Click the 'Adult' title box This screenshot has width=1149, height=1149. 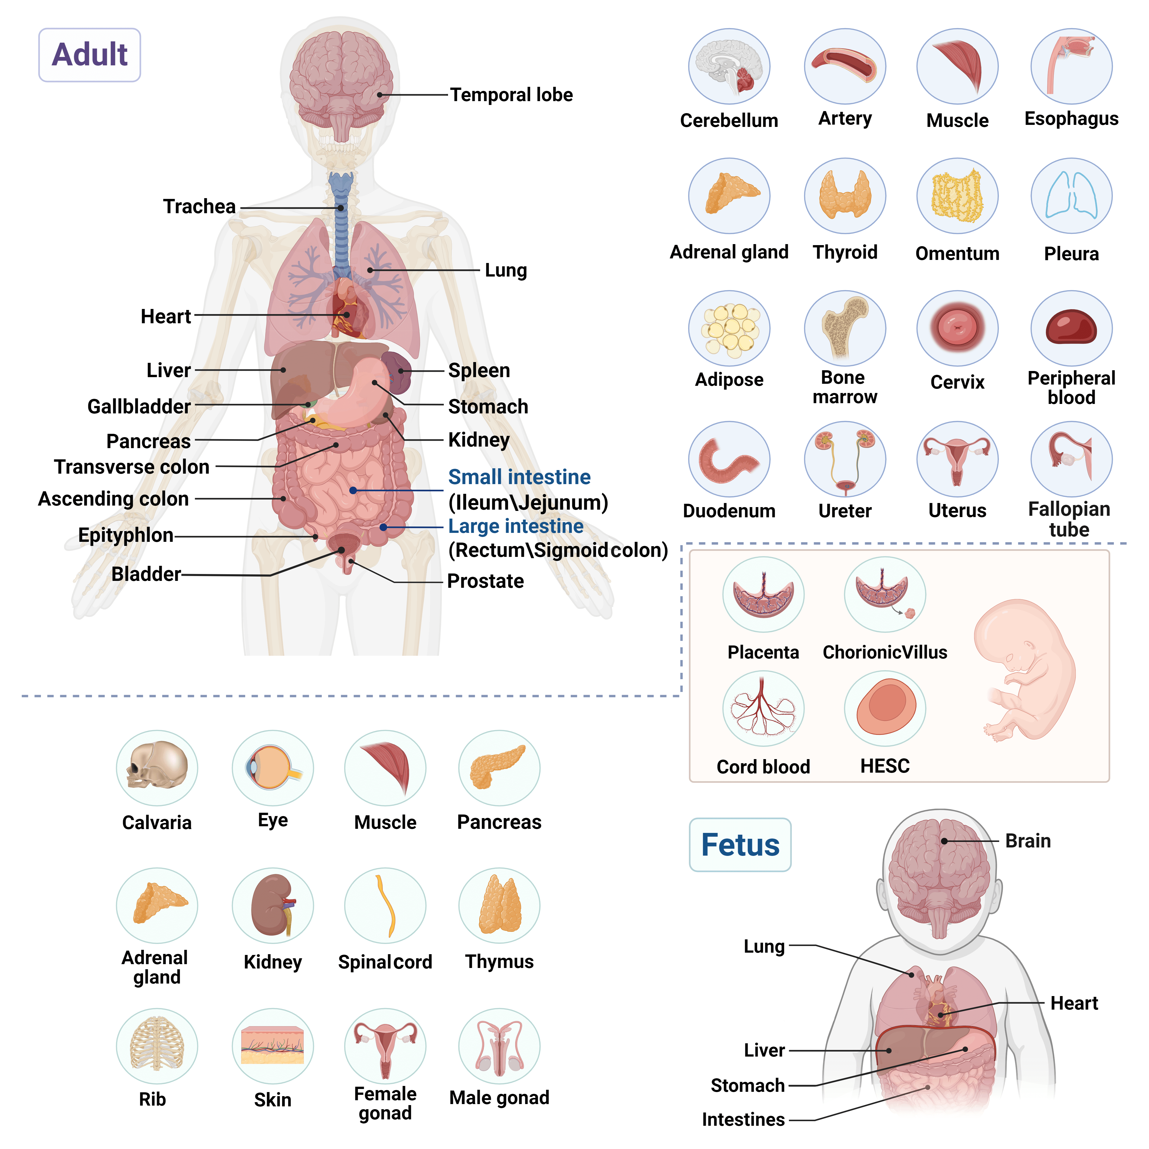click(x=89, y=55)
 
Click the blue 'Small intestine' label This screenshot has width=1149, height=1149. click(x=519, y=477)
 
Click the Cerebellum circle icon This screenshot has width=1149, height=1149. click(x=729, y=67)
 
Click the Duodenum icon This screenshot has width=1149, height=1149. click(x=729, y=459)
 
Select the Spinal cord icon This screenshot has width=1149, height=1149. click(x=385, y=905)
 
